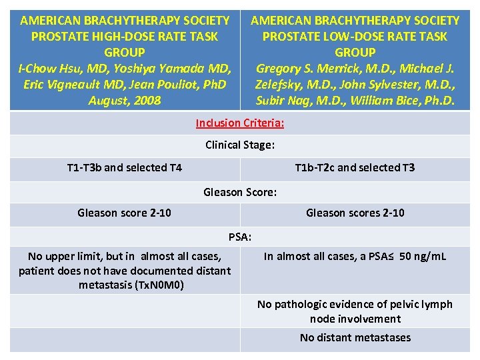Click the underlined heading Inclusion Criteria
coord(240,123)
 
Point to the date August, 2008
coord(125,101)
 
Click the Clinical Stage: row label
coord(240,145)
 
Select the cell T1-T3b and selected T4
coord(125,167)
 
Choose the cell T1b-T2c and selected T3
coord(355,167)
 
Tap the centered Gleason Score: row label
coord(240,192)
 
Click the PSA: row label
coord(240,236)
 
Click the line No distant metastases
coord(355,337)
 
